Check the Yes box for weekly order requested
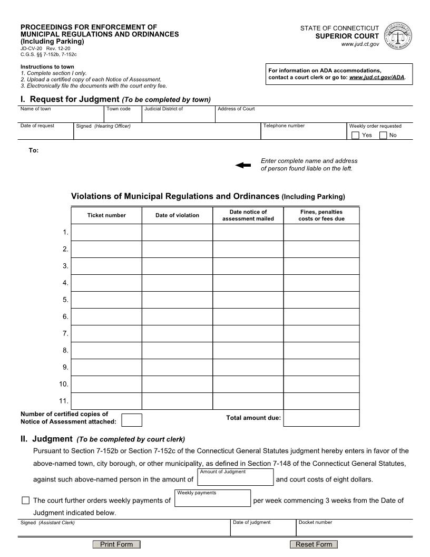coord(356,135)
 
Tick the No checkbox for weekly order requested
coord(383,135)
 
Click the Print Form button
coord(116,544)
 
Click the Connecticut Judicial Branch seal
coord(399,36)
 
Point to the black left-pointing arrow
coord(243,165)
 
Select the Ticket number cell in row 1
coord(106,232)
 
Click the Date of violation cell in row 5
coord(177,300)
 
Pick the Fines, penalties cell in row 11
coord(321,401)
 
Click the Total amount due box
coord(321,418)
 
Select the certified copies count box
coord(132,420)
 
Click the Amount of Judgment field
coord(235,479)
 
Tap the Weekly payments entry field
coord(212,500)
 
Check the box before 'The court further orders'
coord(26,500)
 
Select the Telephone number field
coord(304,133)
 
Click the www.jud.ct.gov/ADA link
coord(377,77)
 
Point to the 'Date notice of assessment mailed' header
coord(248,215)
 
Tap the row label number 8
coord(65,350)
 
